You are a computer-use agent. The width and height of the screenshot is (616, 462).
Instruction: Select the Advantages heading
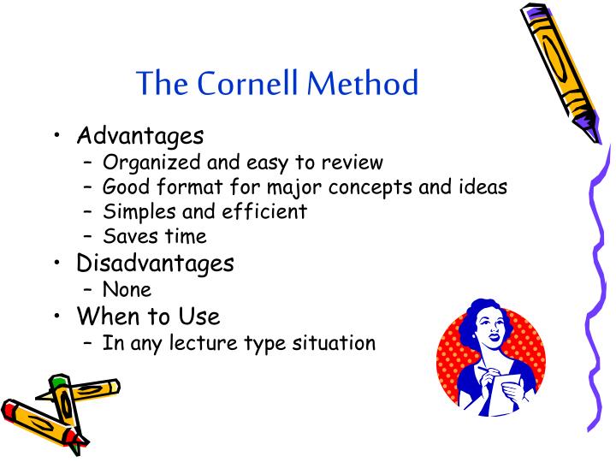click(x=140, y=135)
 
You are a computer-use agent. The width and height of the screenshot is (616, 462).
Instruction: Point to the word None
click(x=127, y=289)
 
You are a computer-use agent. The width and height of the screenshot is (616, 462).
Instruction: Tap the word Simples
click(x=134, y=210)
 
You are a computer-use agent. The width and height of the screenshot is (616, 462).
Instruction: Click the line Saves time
click(x=155, y=235)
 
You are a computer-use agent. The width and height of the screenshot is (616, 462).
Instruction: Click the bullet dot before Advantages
click(x=56, y=135)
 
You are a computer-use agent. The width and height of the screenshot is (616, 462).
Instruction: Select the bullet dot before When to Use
click(x=56, y=317)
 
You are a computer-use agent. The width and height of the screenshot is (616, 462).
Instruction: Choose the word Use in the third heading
click(x=199, y=317)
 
